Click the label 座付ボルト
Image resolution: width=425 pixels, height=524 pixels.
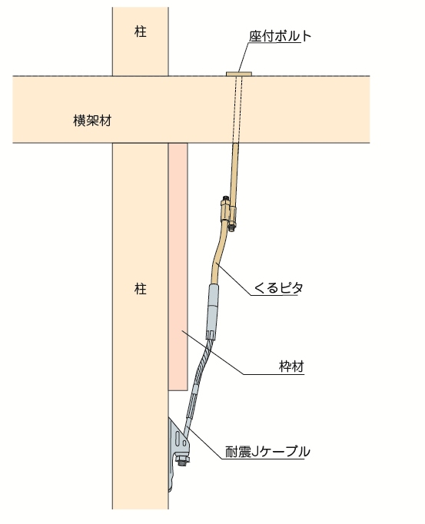[x=280, y=36]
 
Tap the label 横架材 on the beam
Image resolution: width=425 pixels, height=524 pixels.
[x=92, y=121]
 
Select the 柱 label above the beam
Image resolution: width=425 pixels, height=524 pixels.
[x=141, y=32]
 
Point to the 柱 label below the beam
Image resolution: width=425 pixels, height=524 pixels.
[x=141, y=289]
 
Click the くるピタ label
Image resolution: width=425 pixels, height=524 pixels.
[x=278, y=287]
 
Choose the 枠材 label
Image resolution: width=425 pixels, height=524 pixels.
[x=291, y=366]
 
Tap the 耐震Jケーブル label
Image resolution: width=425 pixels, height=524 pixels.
[x=267, y=452]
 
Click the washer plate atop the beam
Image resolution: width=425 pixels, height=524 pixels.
[x=240, y=74]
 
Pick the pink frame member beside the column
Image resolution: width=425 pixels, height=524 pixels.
[x=178, y=267]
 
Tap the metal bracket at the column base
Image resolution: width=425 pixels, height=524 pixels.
[x=179, y=450]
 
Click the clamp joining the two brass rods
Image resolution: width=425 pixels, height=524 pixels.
[x=227, y=213]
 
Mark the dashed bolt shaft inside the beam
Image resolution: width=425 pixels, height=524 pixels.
[x=237, y=110]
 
